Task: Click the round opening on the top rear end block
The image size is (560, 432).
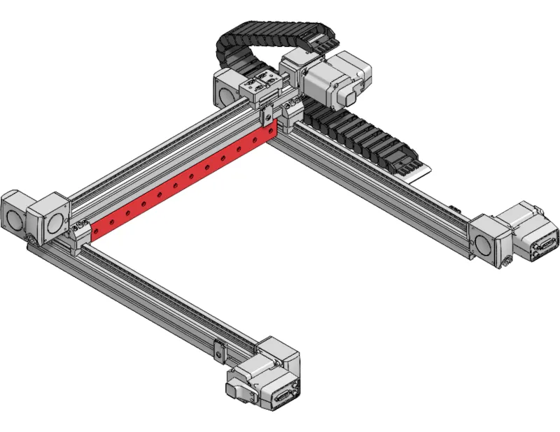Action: pos(223,88)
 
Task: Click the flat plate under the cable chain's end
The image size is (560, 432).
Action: pos(420,172)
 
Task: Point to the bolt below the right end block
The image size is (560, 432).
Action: pos(505,264)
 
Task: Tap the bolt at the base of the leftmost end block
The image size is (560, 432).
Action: pos(31,241)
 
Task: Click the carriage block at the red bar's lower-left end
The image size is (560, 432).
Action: pos(80,231)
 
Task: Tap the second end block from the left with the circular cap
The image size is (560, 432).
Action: pos(52,217)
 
